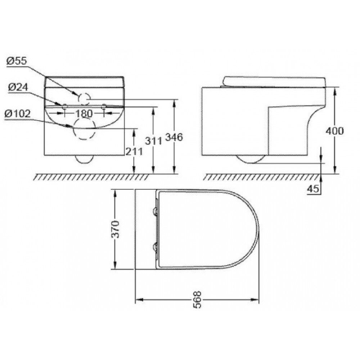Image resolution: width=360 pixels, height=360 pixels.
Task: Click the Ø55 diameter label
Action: coord(17,61)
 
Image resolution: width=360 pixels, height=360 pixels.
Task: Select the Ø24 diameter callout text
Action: coord(18,87)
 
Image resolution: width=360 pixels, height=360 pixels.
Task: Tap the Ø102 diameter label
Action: coord(17,113)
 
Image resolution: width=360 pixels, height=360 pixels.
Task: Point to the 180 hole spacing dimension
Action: coord(84,113)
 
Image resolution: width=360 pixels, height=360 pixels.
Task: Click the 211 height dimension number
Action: coord(134,151)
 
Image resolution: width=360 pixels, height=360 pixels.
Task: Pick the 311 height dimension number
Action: coord(154,141)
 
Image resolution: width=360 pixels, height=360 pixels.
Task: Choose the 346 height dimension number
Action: coord(174,137)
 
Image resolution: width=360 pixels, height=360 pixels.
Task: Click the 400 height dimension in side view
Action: coord(335,131)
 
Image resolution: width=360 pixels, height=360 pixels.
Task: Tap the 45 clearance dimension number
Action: coord(313,189)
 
